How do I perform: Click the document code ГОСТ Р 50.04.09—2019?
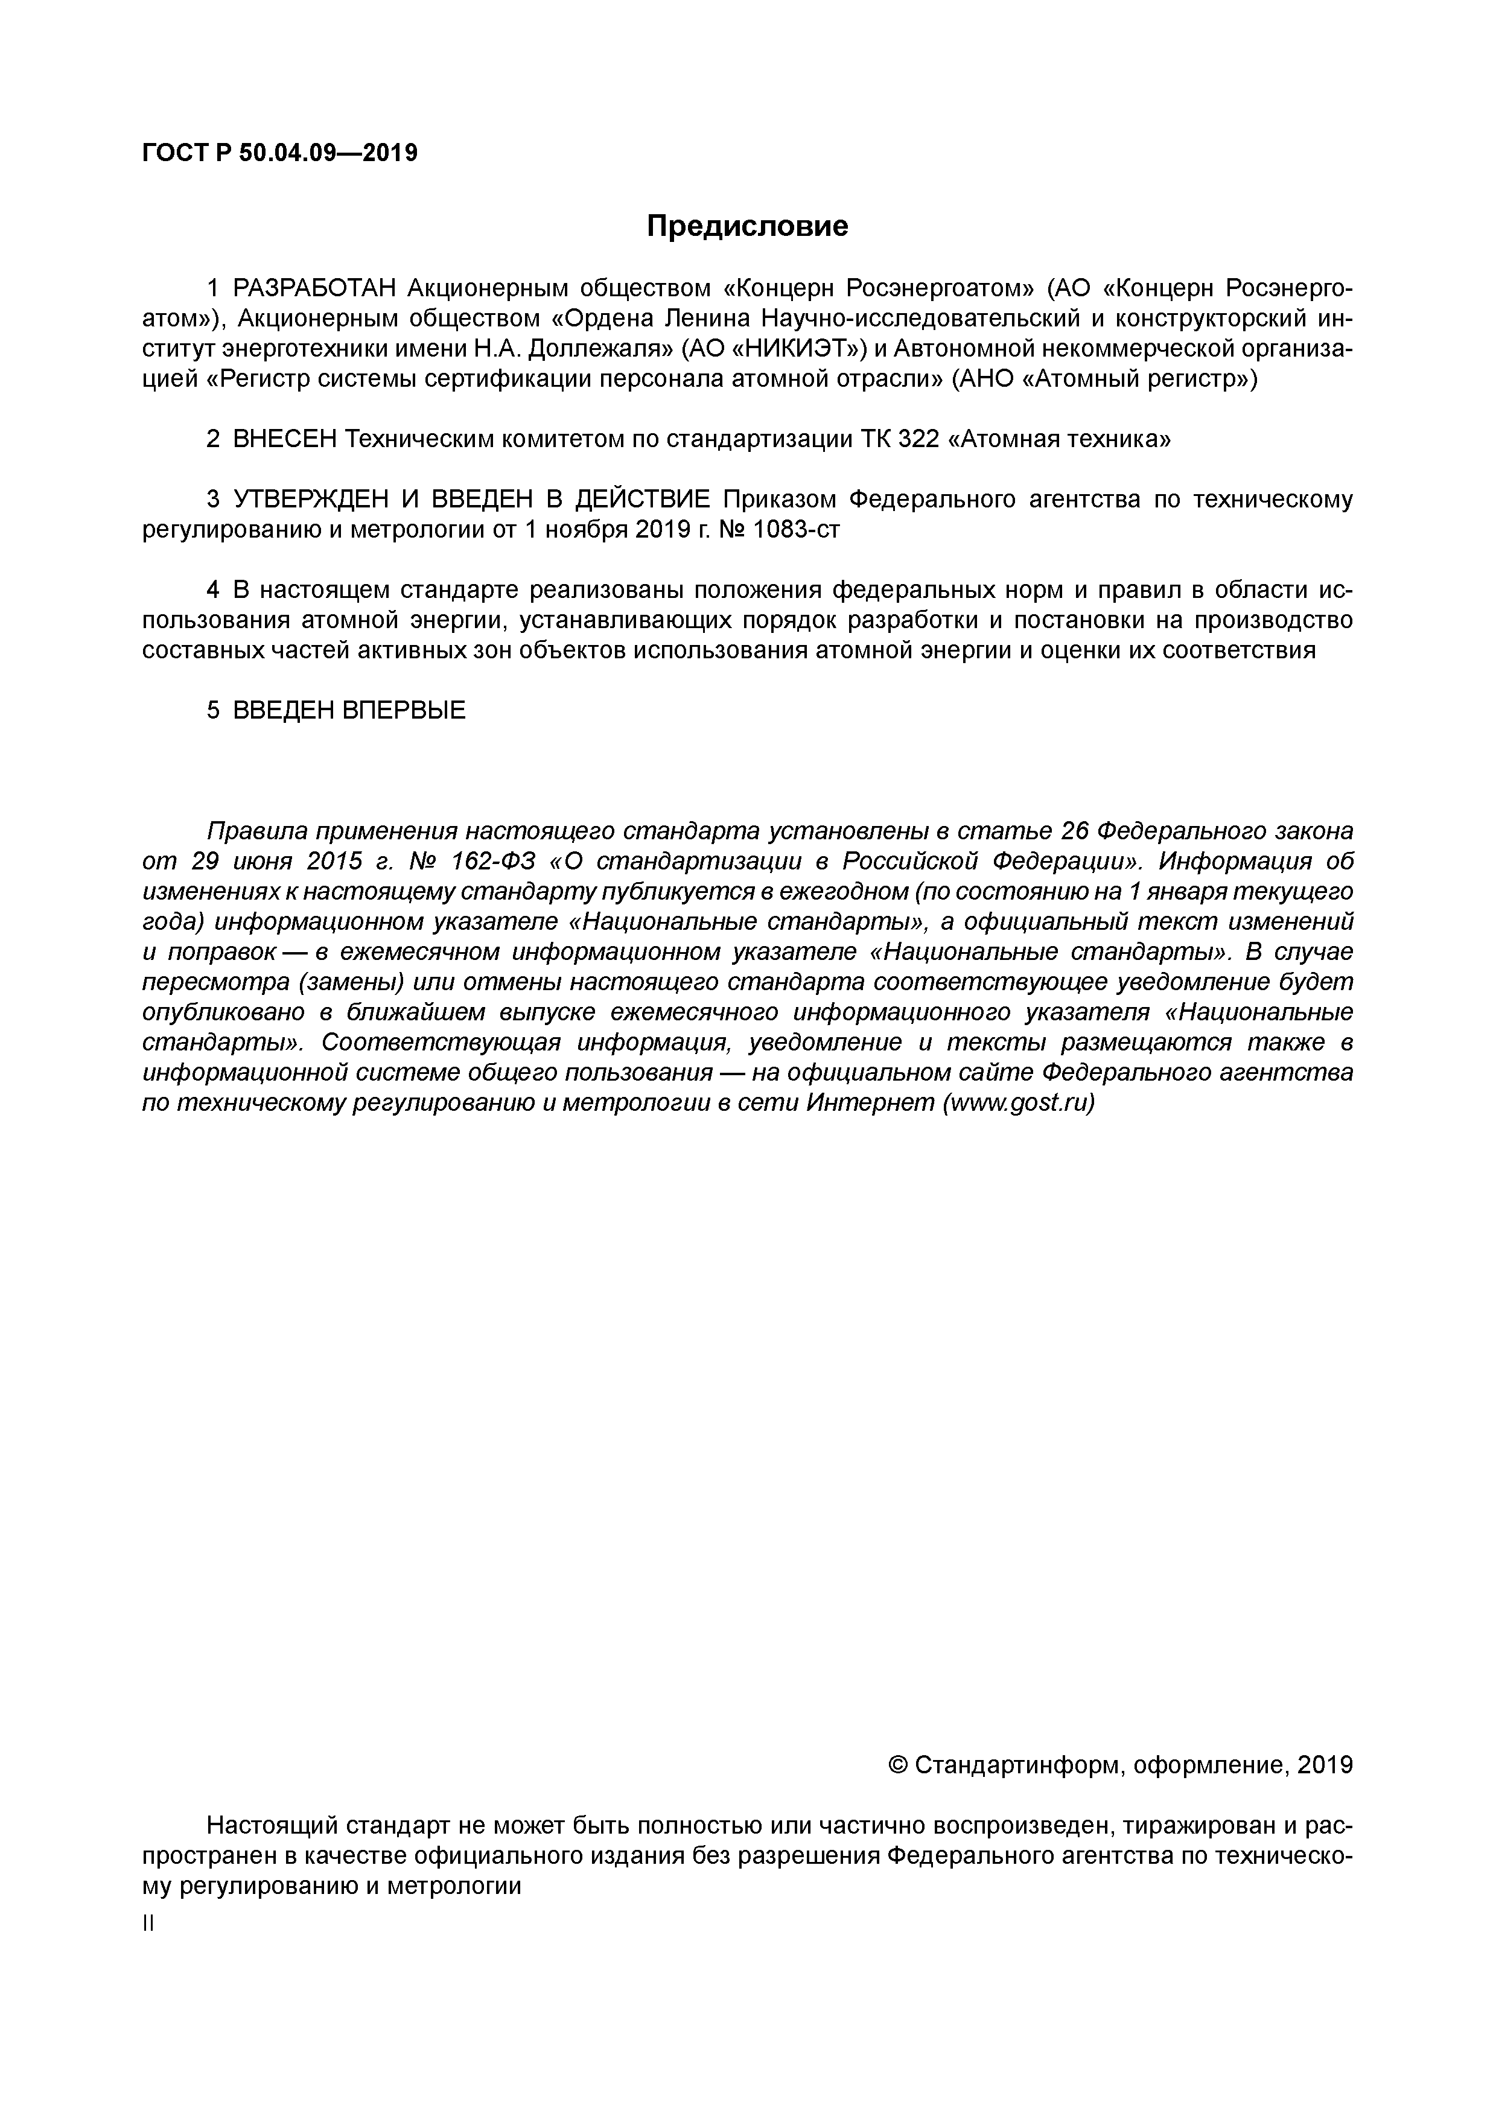coord(279,153)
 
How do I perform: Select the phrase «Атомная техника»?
coord(1060,440)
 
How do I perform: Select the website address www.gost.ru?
coord(1017,1103)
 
